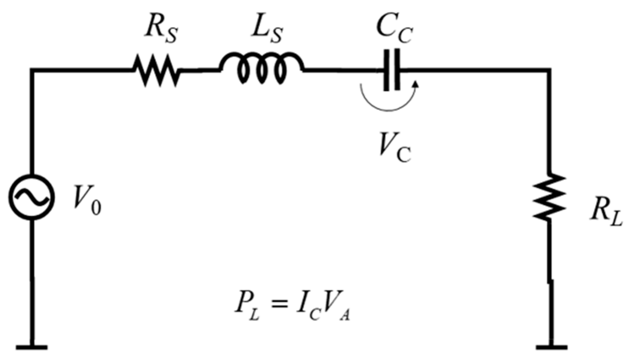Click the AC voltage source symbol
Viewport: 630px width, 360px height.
(x=31, y=197)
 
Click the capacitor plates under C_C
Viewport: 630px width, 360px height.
(x=392, y=70)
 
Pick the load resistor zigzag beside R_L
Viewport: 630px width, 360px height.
(x=549, y=197)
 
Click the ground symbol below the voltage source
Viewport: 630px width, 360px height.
(x=31, y=347)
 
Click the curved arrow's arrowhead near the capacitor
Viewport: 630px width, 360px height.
(x=415, y=83)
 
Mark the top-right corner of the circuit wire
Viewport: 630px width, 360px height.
(x=549, y=70)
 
